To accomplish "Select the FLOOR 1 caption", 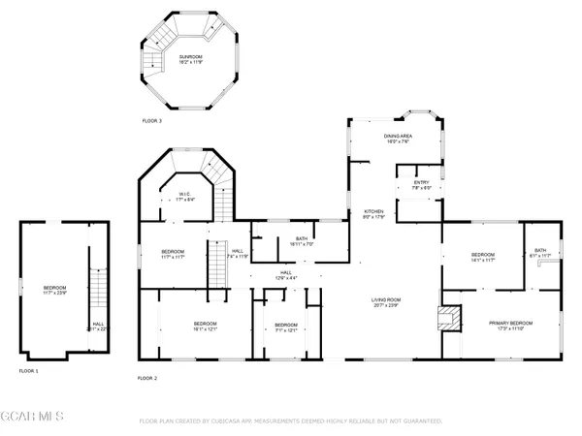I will point(28,370).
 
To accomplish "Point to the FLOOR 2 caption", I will point(146,377).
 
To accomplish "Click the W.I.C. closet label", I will point(183,196).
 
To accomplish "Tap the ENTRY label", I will point(421,184).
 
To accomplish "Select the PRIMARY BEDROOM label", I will point(511,326).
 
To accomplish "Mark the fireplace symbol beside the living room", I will point(447,318).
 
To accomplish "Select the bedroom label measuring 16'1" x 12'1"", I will point(204,326).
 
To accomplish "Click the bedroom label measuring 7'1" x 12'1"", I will point(285,327).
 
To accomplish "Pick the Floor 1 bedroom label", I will point(55,290).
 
